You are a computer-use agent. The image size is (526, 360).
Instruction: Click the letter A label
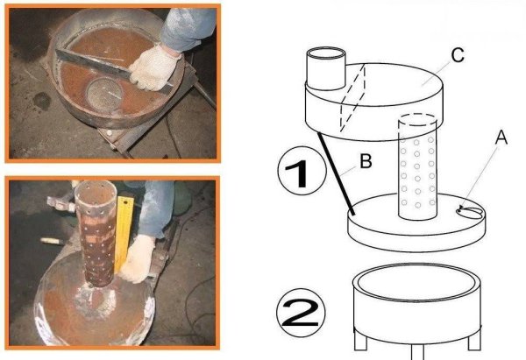tap(501, 138)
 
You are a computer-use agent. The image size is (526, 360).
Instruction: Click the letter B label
tap(366, 161)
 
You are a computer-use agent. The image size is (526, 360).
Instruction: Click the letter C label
tap(458, 55)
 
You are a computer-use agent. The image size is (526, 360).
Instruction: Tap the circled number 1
tap(302, 171)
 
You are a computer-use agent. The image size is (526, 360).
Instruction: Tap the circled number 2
tap(301, 313)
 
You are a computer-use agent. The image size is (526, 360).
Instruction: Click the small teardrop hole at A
tap(470, 211)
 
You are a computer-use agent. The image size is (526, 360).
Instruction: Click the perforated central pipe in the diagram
tap(417, 166)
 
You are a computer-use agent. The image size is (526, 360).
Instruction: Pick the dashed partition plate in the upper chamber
tap(352, 98)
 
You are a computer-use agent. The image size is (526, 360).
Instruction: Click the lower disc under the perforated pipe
tap(416, 222)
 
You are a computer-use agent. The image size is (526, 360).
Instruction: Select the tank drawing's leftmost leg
tap(360, 340)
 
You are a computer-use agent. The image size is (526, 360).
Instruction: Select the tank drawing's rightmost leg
tap(474, 340)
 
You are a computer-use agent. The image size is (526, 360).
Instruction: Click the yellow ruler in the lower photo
tap(124, 235)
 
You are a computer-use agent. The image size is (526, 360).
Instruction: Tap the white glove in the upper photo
tap(155, 68)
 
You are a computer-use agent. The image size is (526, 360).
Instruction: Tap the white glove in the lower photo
tap(138, 258)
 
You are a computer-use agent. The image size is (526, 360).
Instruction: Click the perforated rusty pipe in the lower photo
tap(96, 233)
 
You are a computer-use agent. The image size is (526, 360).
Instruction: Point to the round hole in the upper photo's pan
tap(104, 93)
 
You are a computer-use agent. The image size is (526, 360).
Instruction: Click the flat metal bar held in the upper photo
tap(114, 67)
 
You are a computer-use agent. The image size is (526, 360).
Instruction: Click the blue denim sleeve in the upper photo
tap(188, 30)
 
